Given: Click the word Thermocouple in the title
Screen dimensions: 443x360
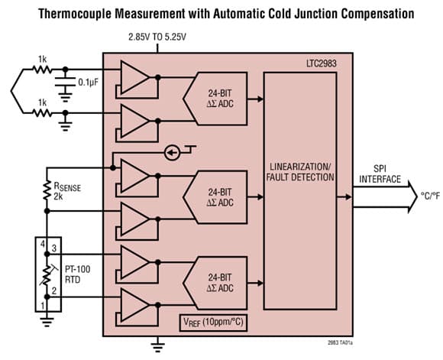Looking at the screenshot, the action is pyautogui.click(x=75, y=13).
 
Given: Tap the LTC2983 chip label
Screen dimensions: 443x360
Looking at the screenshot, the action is pyautogui.click(x=322, y=63).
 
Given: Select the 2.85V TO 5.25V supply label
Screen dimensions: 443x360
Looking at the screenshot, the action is pyautogui.click(x=157, y=37).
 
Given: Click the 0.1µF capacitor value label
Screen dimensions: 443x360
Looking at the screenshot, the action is pyautogui.click(x=88, y=83).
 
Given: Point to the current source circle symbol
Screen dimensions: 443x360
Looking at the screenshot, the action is pyautogui.click(x=172, y=153).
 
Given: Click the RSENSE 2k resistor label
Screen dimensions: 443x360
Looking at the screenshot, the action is pyautogui.click(x=67, y=191).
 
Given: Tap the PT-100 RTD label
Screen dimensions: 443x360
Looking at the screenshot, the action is pyautogui.click(x=78, y=274).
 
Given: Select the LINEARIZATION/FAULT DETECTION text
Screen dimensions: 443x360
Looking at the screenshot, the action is pyautogui.click(x=300, y=172).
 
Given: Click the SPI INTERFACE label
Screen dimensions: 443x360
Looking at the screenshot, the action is pyautogui.click(x=380, y=174).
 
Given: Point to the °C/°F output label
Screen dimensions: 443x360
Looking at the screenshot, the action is pyautogui.click(x=430, y=196).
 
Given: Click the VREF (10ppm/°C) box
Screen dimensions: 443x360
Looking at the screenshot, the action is pyautogui.click(x=213, y=323).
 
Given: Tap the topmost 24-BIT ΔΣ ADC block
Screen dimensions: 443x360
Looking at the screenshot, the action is pyautogui.click(x=215, y=99).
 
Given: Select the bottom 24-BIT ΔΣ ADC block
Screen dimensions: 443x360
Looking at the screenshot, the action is pyautogui.click(x=215, y=283).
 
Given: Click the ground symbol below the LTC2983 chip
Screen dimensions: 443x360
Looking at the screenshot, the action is pyautogui.click(x=157, y=345).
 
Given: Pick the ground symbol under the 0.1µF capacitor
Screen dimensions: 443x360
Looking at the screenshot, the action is pyautogui.click(x=65, y=96).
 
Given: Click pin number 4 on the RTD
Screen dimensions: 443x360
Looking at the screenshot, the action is pyautogui.click(x=43, y=244).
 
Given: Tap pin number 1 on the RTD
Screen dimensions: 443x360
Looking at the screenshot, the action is pyautogui.click(x=43, y=306).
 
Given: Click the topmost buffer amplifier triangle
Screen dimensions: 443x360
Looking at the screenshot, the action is pyautogui.click(x=134, y=77).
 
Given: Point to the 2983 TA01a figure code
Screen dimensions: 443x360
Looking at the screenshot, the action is pyautogui.click(x=340, y=342).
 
